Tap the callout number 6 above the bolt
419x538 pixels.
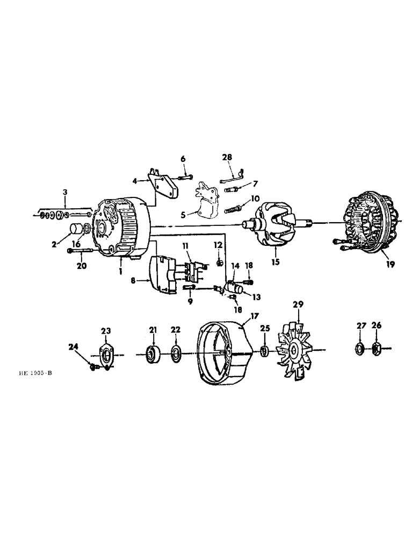click(183, 159)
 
